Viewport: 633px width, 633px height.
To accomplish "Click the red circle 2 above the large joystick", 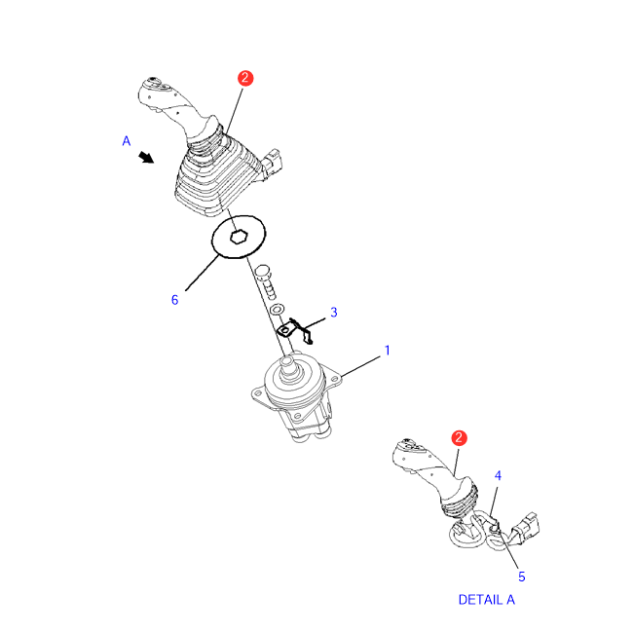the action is coord(245,78).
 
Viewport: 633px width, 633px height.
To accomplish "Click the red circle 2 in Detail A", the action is coord(459,438).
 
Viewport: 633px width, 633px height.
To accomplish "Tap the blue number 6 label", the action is coord(174,300).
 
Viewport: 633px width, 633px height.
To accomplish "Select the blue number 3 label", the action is coord(334,312).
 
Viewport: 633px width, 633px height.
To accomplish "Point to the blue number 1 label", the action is coord(388,351).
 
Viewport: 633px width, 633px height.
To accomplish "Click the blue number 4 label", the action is coord(499,475).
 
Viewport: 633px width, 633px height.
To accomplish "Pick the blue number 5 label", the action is coord(522,577).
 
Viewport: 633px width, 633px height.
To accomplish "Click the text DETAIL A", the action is coord(487,600).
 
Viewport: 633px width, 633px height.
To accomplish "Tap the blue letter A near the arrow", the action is coord(127,141).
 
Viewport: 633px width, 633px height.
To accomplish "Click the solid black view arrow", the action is coord(146,158).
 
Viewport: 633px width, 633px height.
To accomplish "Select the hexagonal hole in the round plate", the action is coord(239,237).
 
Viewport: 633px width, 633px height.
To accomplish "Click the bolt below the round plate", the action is coord(267,281).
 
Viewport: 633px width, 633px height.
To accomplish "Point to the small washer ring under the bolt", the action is coord(277,309).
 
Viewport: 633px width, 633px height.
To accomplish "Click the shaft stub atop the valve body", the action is coord(288,364).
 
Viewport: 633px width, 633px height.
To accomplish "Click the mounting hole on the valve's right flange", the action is coord(334,379).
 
